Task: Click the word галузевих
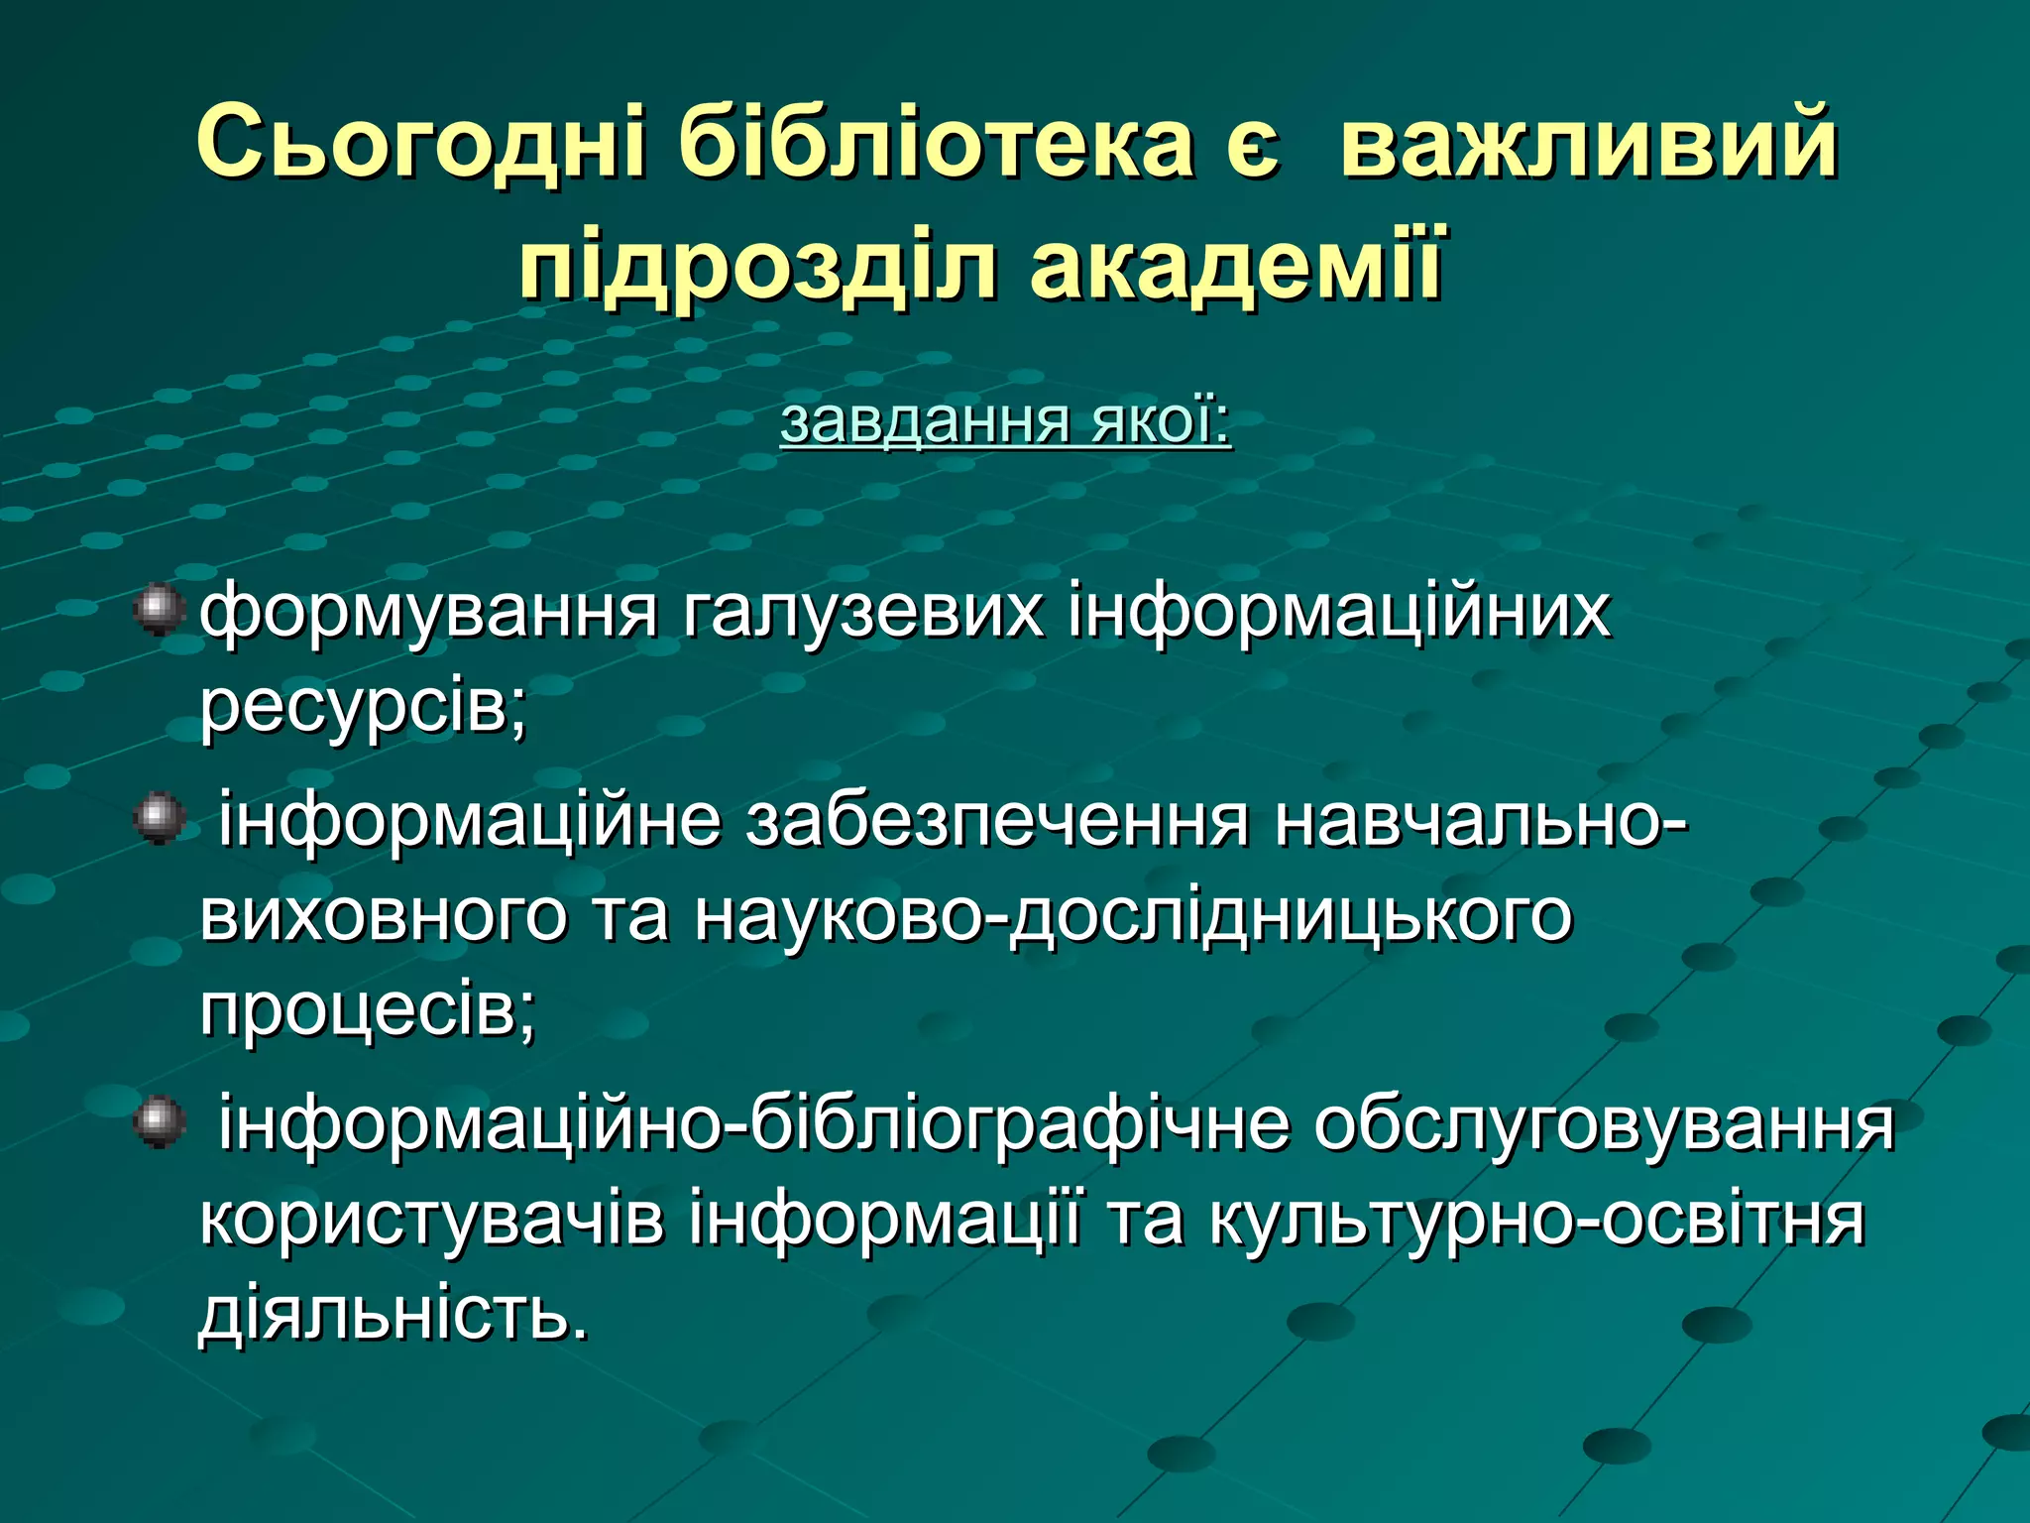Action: click(862, 612)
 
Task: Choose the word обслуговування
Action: click(1605, 1125)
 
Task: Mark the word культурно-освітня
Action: click(1536, 1220)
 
